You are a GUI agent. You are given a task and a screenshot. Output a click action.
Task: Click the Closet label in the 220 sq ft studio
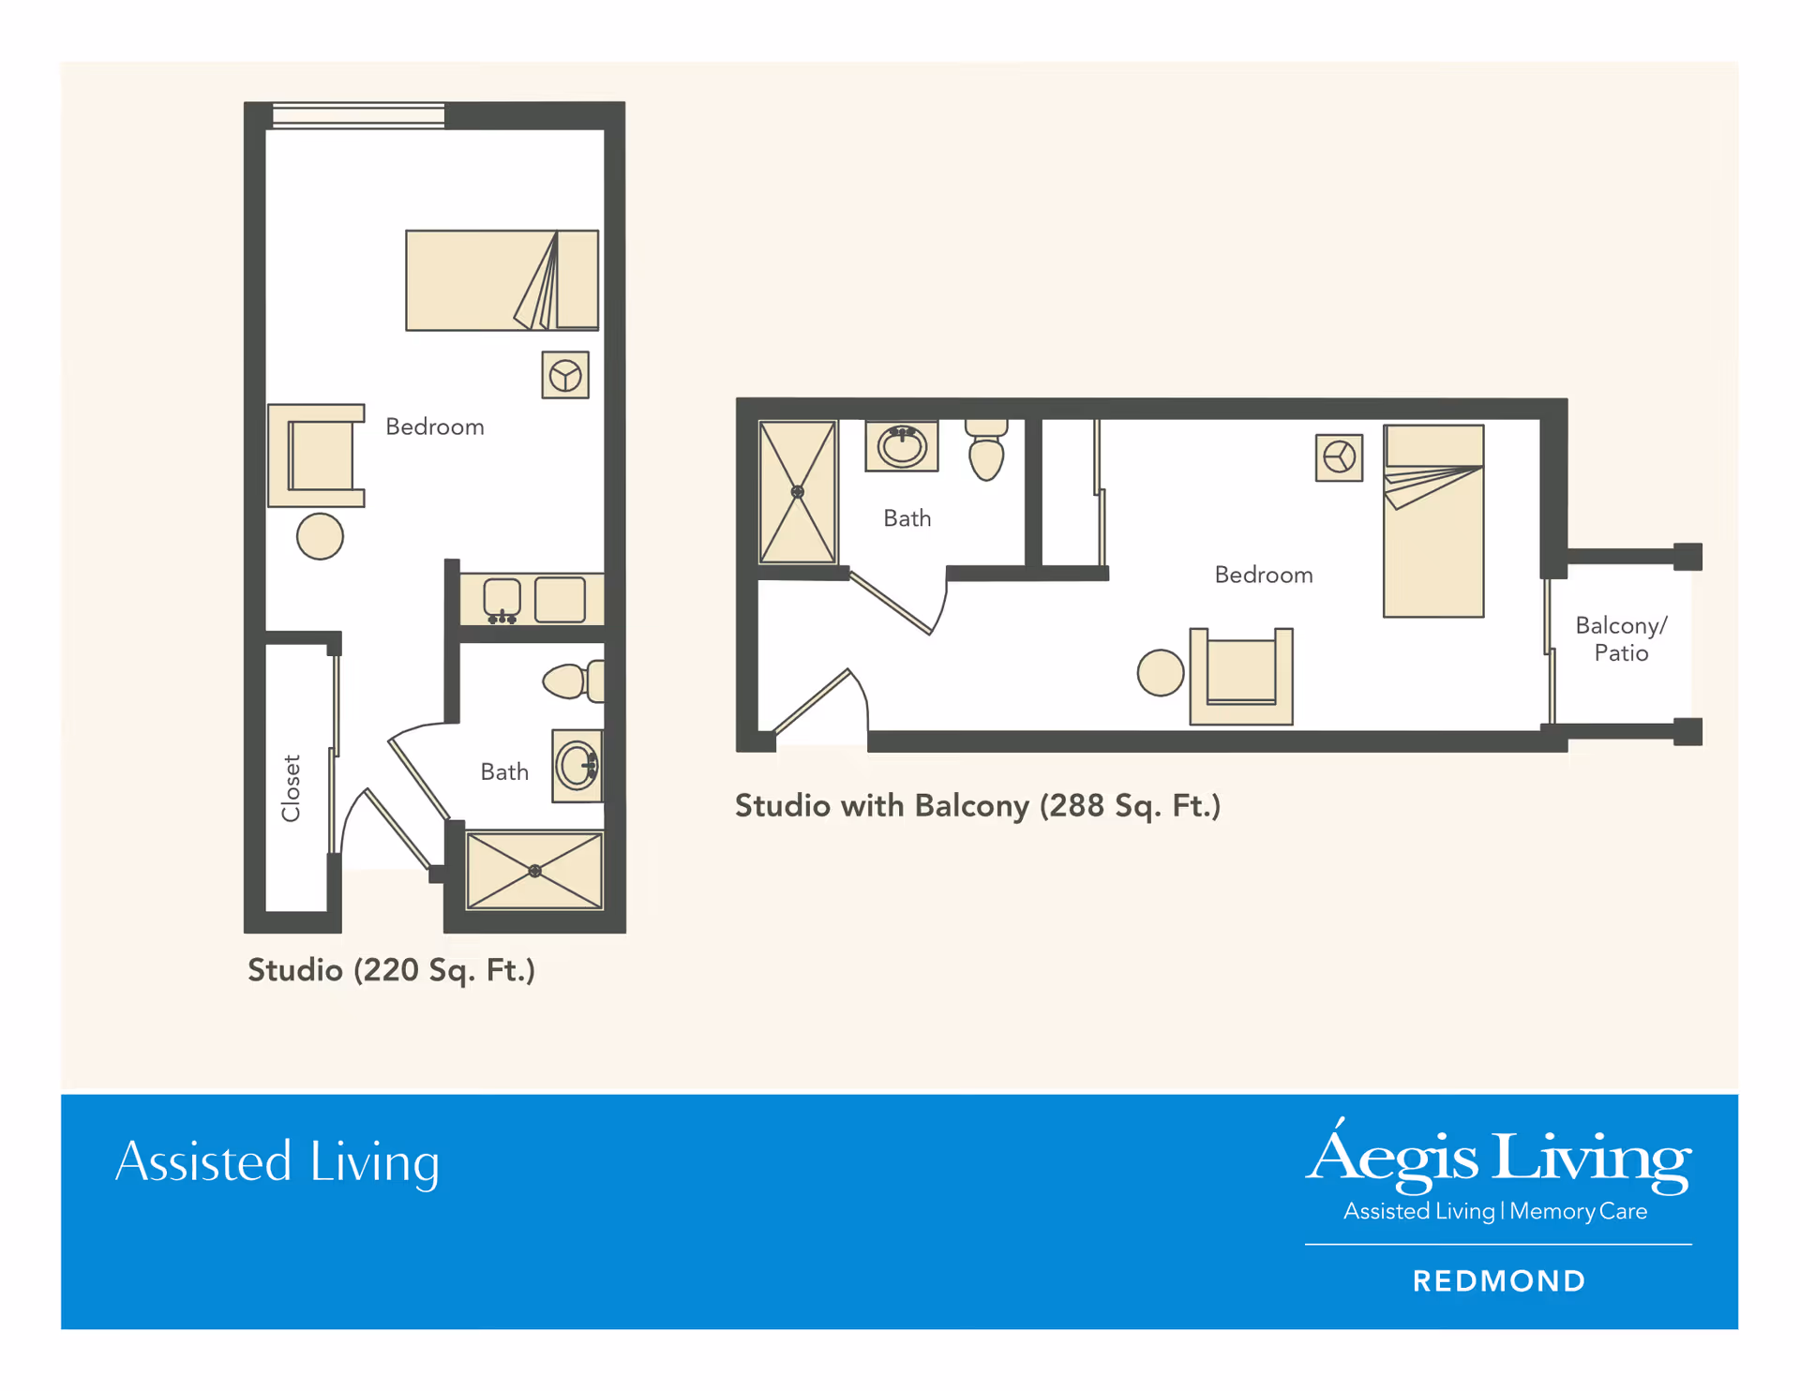click(292, 788)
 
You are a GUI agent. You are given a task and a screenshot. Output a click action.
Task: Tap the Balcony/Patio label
click(1621, 639)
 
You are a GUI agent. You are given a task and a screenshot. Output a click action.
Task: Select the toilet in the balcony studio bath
click(986, 450)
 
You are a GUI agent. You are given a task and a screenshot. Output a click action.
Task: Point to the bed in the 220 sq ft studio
click(502, 280)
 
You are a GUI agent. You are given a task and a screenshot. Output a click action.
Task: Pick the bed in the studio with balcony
click(1433, 521)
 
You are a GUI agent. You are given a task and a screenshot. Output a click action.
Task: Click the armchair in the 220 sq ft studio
click(316, 456)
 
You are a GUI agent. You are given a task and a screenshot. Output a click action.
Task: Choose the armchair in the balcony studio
click(1241, 676)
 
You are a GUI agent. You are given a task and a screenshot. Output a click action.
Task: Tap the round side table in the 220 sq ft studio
click(320, 537)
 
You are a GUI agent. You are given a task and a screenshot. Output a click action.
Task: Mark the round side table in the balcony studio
click(1161, 673)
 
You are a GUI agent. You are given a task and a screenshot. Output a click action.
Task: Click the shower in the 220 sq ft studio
click(534, 871)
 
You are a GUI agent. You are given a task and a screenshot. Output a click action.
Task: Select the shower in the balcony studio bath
click(797, 492)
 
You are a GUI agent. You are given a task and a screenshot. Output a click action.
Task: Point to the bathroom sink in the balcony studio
click(902, 446)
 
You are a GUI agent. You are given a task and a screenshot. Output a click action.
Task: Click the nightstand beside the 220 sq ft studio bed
click(565, 375)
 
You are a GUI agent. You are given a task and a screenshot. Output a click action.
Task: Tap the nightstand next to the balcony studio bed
click(1339, 457)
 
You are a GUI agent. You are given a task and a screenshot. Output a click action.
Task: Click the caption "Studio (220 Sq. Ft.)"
click(391, 970)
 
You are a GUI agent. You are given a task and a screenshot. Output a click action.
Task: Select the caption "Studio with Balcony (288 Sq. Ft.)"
click(978, 806)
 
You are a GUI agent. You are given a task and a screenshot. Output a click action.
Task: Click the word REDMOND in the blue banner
click(1499, 1281)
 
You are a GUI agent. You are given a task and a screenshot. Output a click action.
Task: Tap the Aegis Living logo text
click(1499, 1156)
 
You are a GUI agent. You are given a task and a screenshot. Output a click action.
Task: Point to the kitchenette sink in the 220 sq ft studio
click(502, 601)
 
